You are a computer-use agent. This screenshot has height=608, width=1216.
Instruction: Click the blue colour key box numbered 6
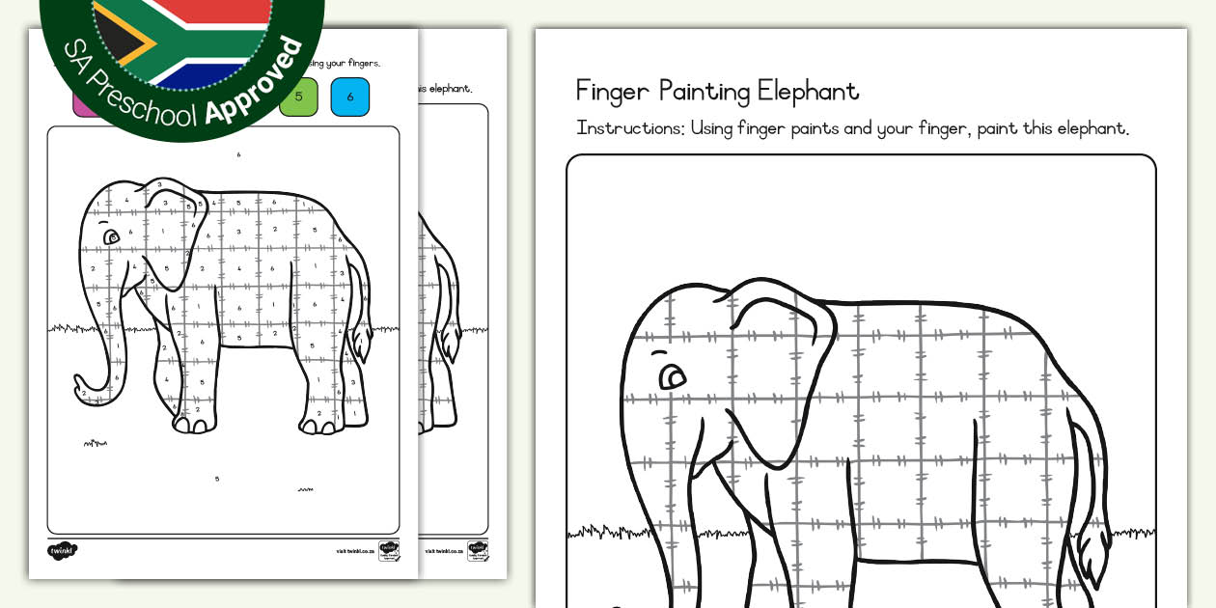(349, 97)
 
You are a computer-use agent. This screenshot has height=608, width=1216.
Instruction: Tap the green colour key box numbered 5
(298, 97)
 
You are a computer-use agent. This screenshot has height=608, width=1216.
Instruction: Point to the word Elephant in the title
(808, 92)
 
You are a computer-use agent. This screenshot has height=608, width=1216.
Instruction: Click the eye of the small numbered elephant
(112, 236)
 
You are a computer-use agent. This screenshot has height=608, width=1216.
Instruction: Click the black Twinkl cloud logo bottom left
(63, 550)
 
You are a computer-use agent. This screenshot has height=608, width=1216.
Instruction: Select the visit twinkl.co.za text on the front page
(354, 551)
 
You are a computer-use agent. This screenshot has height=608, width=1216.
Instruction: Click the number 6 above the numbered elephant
(238, 154)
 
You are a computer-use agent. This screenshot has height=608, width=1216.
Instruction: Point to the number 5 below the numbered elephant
(217, 479)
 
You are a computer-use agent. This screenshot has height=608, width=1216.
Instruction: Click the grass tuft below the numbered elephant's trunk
(95, 443)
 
